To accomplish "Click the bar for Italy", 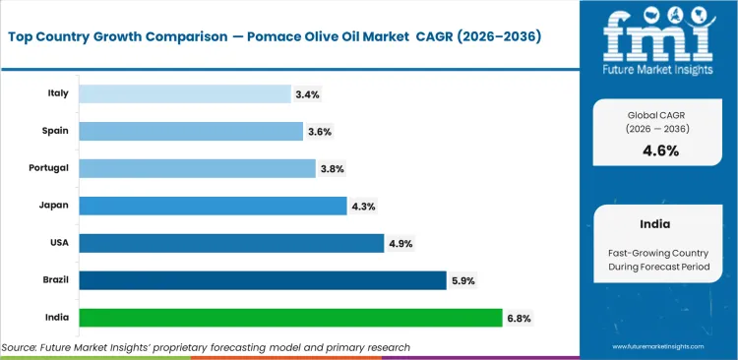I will [184, 93].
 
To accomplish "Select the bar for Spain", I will [191, 131].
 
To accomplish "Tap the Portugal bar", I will [197, 168].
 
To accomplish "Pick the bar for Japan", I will [213, 206].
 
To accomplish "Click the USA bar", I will [231, 243].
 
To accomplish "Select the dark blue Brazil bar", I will [263, 280].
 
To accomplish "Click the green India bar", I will [290, 318].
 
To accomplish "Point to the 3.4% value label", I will [306, 94].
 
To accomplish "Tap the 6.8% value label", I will [519, 319].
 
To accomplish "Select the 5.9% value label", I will [463, 281].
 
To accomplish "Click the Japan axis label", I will [53, 206].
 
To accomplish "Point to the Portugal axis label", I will [48, 168].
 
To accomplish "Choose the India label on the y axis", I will [55, 318].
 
